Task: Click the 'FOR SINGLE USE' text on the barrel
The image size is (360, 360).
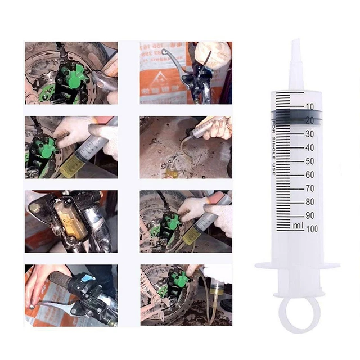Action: click(274, 147)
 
